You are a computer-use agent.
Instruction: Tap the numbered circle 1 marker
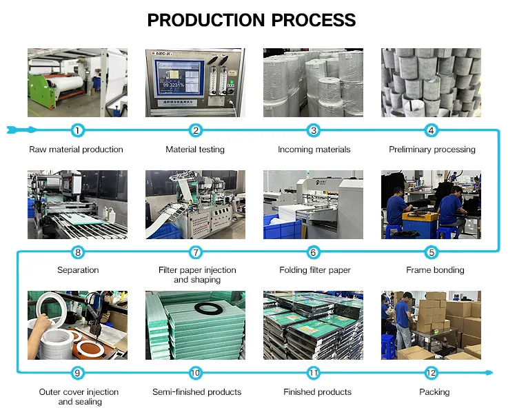pos(77,130)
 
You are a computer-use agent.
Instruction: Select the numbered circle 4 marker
pos(432,130)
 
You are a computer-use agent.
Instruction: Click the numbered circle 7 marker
pos(196,252)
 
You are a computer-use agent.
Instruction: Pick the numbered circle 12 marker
pos(432,374)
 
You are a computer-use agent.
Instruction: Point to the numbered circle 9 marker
pos(77,374)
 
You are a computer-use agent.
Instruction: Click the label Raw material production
pos(76,150)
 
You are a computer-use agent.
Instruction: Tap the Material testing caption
pos(195,150)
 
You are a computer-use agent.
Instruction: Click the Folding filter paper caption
pos(314,270)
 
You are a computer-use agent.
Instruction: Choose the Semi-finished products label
pos(196,392)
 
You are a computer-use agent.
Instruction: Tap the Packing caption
pos(434,392)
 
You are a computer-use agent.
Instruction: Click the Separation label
pos(78,270)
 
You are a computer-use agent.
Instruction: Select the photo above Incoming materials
pos(314,83)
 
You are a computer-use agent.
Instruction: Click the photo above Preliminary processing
pos(432,83)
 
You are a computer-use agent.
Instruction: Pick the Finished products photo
pos(314,325)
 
